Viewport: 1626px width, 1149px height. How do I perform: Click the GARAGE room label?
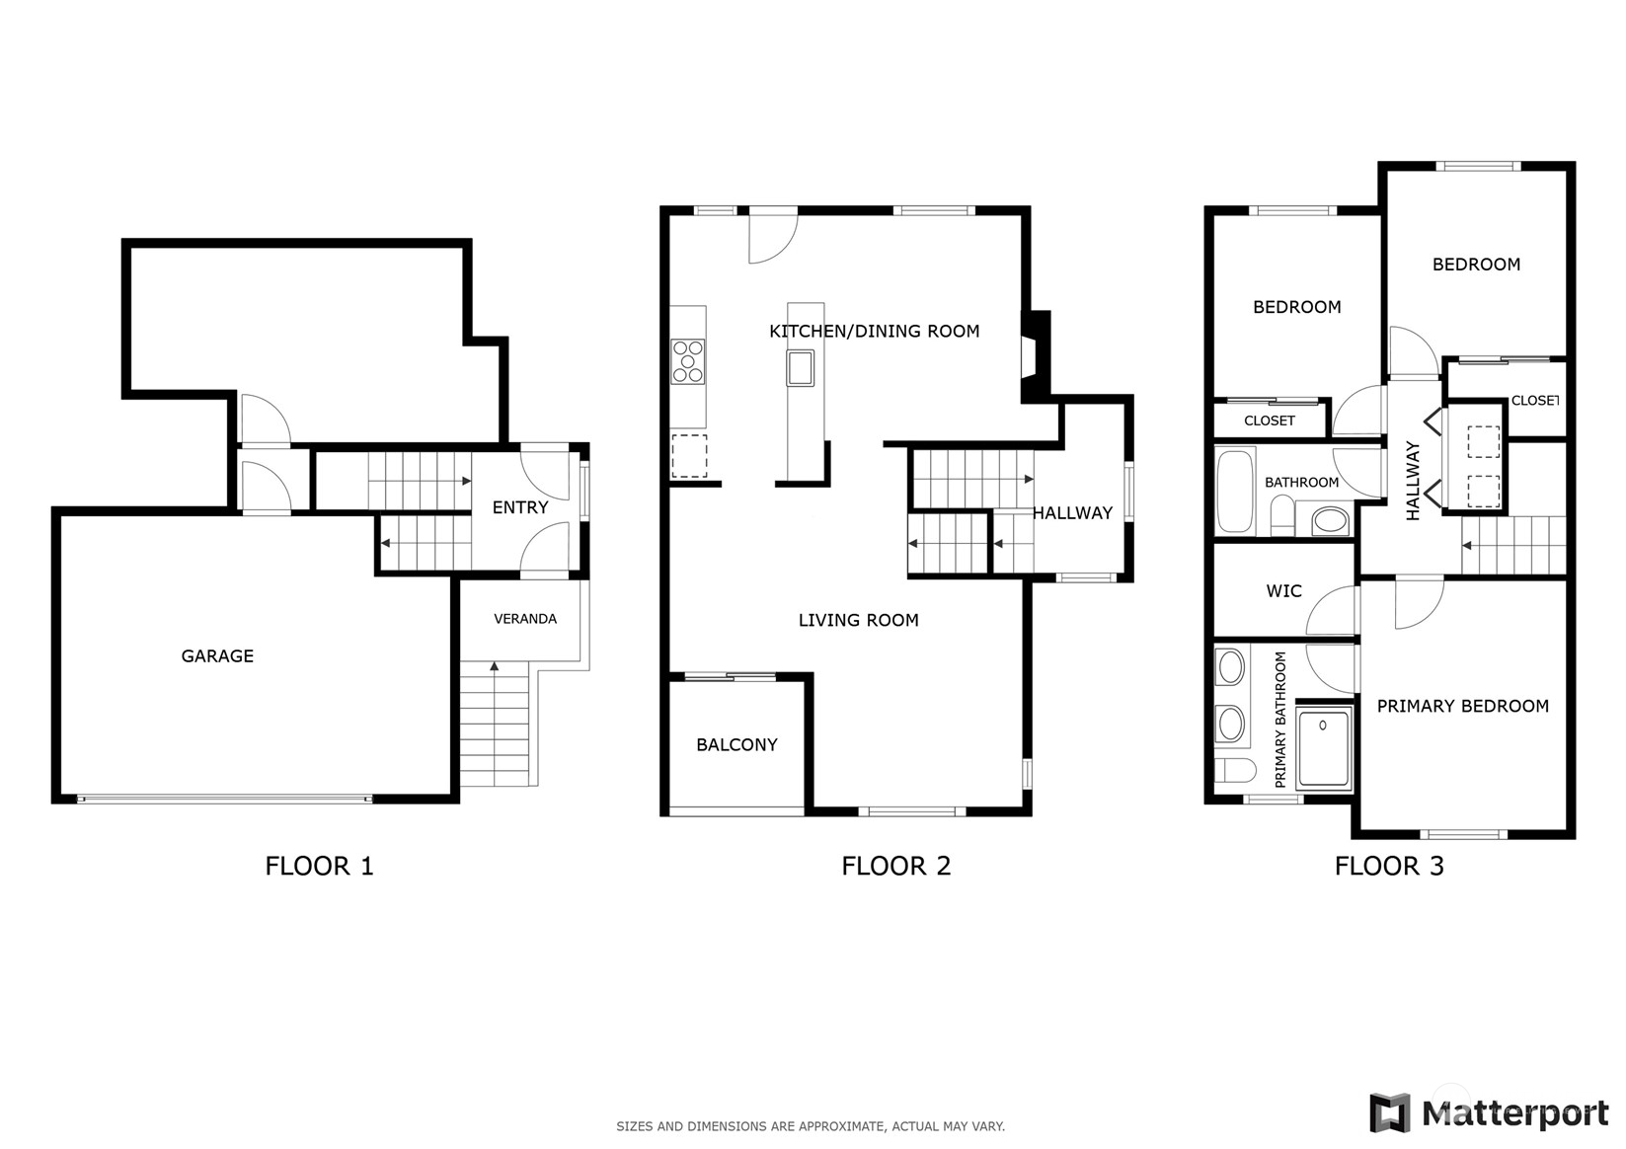point(217,656)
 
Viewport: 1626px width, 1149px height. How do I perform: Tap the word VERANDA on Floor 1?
point(525,619)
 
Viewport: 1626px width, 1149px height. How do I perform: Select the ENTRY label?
point(519,507)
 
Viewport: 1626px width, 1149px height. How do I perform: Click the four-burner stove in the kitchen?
point(687,360)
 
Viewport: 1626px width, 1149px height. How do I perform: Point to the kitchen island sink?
point(800,368)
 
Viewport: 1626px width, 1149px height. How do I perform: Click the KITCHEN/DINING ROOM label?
point(874,331)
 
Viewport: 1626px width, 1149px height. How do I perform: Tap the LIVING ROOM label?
point(858,620)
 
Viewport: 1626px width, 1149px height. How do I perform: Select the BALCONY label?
point(736,744)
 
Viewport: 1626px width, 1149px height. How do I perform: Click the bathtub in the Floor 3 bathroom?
point(1235,493)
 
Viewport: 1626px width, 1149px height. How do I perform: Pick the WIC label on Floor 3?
point(1283,591)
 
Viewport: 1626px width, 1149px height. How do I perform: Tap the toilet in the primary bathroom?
point(1235,770)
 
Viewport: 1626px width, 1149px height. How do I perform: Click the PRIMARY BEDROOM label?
point(1463,706)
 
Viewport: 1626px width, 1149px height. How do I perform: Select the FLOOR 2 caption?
point(895,866)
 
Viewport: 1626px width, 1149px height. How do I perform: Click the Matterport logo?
point(1490,1112)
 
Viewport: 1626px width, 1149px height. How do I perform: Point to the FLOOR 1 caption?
point(319,866)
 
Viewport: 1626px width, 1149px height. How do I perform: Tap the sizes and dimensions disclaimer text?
point(811,1126)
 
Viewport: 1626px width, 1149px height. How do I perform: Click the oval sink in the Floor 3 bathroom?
point(1331,520)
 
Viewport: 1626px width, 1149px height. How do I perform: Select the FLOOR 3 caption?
point(1389,866)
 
